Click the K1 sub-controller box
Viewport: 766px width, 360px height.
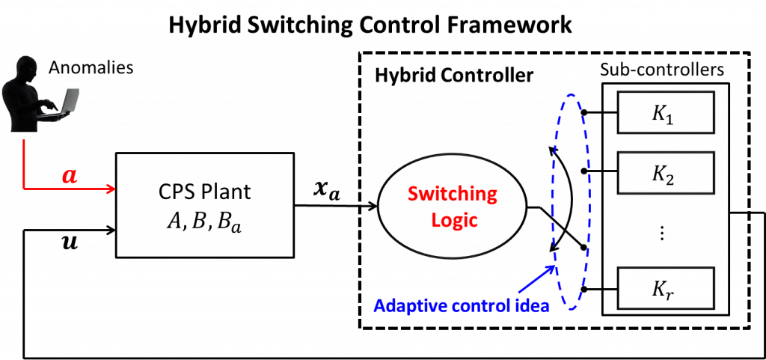[665, 112]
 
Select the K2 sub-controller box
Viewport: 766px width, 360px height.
[665, 172]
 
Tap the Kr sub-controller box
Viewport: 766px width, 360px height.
[665, 288]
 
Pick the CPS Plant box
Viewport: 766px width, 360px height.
[205, 204]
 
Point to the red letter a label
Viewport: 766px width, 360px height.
[71, 177]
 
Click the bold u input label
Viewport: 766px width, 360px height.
[71, 243]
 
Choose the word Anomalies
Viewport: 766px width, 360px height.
[91, 67]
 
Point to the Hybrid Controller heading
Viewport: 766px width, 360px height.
[454, 76]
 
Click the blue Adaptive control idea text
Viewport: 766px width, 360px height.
[462, 307]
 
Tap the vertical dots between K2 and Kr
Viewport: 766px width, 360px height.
[663, 234]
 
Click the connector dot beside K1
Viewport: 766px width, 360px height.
[583, 112]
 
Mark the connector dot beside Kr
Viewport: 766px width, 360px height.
[583, 289]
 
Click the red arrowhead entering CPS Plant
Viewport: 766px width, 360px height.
[111, 188]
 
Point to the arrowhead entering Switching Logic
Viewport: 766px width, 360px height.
[374, 207]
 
